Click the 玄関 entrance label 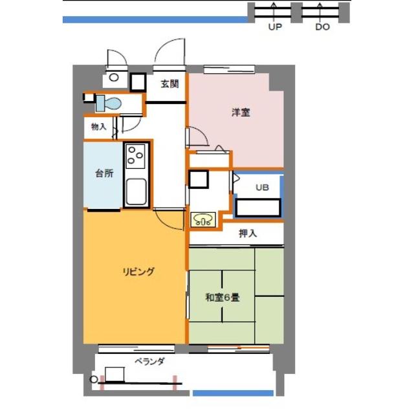pos(169,84)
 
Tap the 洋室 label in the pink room pos(241,113)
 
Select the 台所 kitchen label pos(104,173)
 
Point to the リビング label pos(138,272)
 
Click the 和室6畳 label pos(223,298)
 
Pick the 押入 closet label pos(248,234)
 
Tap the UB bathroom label pos(262,188)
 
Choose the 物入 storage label pos(99,127)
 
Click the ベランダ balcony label pos(149,361)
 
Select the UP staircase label pos(275,27)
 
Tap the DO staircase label pos(323,27)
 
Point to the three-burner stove pos(135,156)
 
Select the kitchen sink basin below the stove pos(136,191)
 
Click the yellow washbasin pos(202,220)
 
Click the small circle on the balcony pos(94,380)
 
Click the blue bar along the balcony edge pos(233,393)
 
